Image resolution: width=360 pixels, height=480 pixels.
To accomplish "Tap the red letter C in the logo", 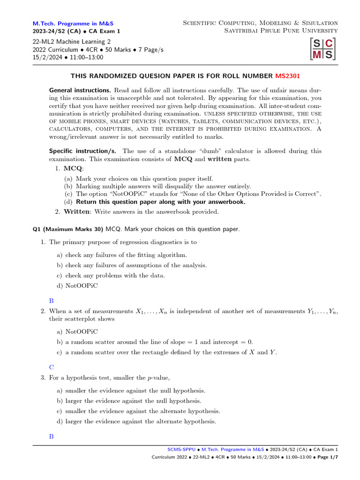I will click(x=329, y=44).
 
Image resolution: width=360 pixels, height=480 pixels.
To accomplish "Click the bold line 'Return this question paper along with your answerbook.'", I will click(x=160, y=202).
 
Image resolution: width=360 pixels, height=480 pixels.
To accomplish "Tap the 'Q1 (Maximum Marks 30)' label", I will click(x=67, y=229).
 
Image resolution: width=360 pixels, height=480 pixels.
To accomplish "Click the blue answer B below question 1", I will click(x=52, y=301).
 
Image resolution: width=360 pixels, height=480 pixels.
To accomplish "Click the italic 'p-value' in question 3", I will click(x=156, y=378).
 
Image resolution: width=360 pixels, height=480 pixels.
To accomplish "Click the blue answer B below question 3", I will click(x=52, y=436).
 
